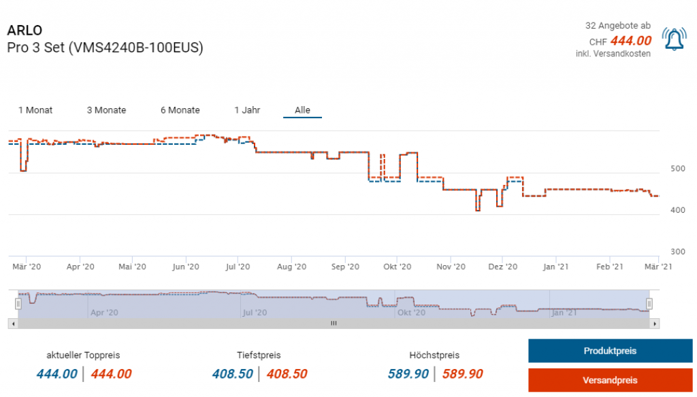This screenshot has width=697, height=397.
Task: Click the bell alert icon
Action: click(675, 39)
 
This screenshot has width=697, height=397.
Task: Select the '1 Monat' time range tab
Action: click(35, 110)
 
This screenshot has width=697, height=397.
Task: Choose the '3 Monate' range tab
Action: click(106, 110)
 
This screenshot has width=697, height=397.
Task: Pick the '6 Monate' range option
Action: click(180, 110)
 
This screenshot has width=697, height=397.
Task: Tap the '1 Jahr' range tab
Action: click(247, 110)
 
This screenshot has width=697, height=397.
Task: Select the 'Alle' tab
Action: click(302, 110)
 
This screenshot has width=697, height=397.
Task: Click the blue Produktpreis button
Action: click(610, 351)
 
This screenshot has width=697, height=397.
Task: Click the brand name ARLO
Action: click(25, 31)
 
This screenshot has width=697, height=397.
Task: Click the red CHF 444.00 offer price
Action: click(631, 40)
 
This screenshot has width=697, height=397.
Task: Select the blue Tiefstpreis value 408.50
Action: click(232, 374)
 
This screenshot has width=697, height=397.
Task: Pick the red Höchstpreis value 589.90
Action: click(462, 374)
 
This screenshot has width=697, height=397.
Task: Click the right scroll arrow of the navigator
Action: click(655, 324)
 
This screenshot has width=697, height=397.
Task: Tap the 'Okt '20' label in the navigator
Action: click(411, 313)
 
